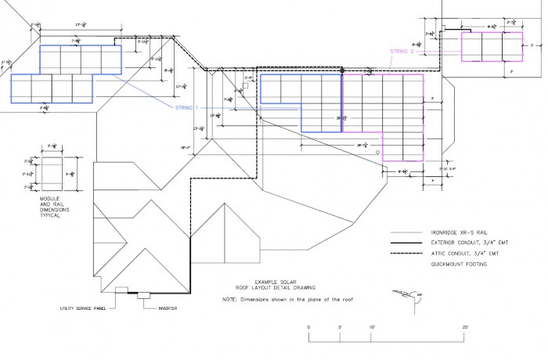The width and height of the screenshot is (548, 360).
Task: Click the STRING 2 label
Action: pos(402,52)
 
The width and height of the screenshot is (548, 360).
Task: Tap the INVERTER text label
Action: pos(169,308)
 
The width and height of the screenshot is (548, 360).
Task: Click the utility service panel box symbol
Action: pos(121,290)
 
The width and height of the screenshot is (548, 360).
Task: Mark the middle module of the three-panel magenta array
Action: pos(492,46)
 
